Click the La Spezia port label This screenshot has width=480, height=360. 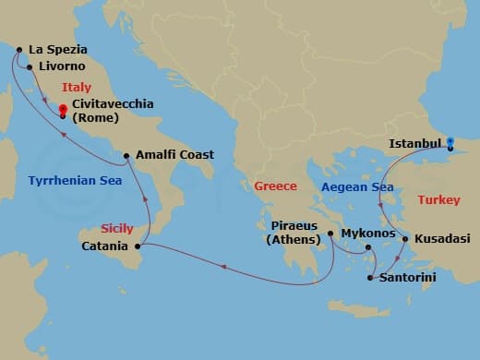(x=57, y=49)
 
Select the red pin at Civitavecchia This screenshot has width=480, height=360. (x=62, y=112)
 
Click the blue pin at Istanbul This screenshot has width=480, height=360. (x=450, y=143)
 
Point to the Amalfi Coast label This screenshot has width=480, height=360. (x=174, y=155)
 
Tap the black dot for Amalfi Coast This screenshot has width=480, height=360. (x=127, y=155)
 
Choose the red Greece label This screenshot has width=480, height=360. (x=275, y=186)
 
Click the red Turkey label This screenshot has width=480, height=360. (x=438, y=199)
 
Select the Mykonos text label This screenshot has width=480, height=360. (x=367, y=234)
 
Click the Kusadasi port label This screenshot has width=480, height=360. (x=440, y=238)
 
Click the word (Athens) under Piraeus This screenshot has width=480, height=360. (x=294, y=242)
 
